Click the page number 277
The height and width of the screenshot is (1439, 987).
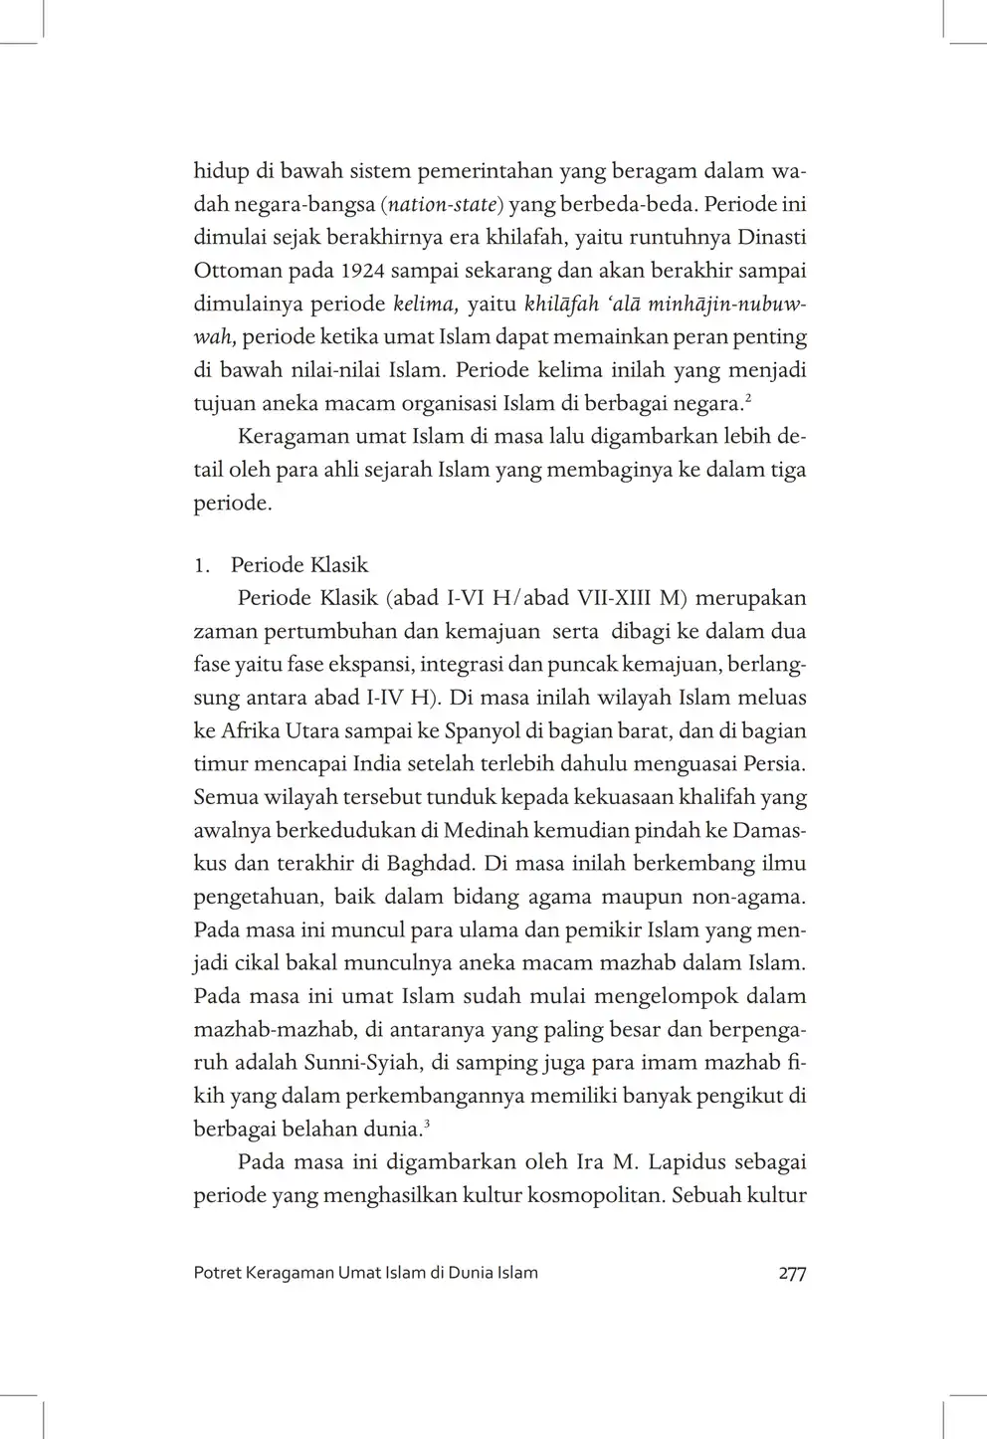[x=792, y=1273]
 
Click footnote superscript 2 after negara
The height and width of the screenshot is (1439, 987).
[x=747, y=398]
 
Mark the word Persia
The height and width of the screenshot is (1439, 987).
[x=774, y=764]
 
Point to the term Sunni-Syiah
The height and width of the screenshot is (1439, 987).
[x=355, y=1063]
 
